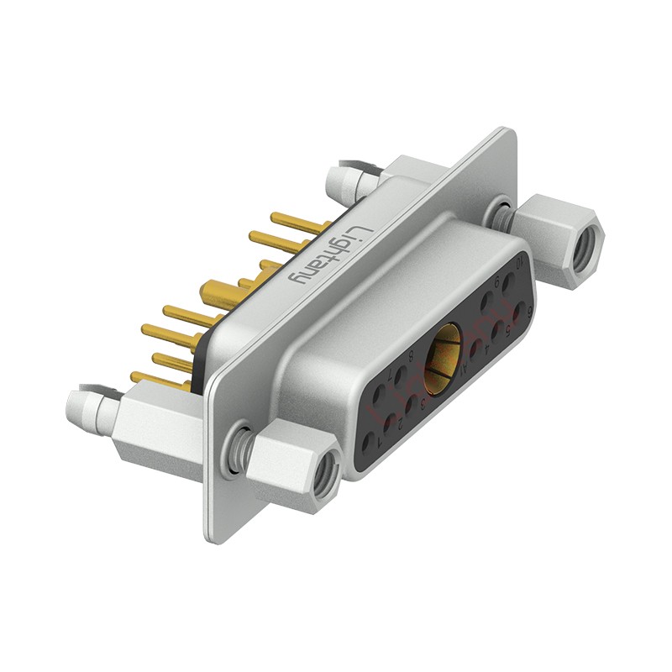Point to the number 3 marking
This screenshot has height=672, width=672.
pyautogui.click(x=423, y=404)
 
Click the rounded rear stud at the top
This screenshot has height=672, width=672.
pyautogui.click(x=340, y=179)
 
